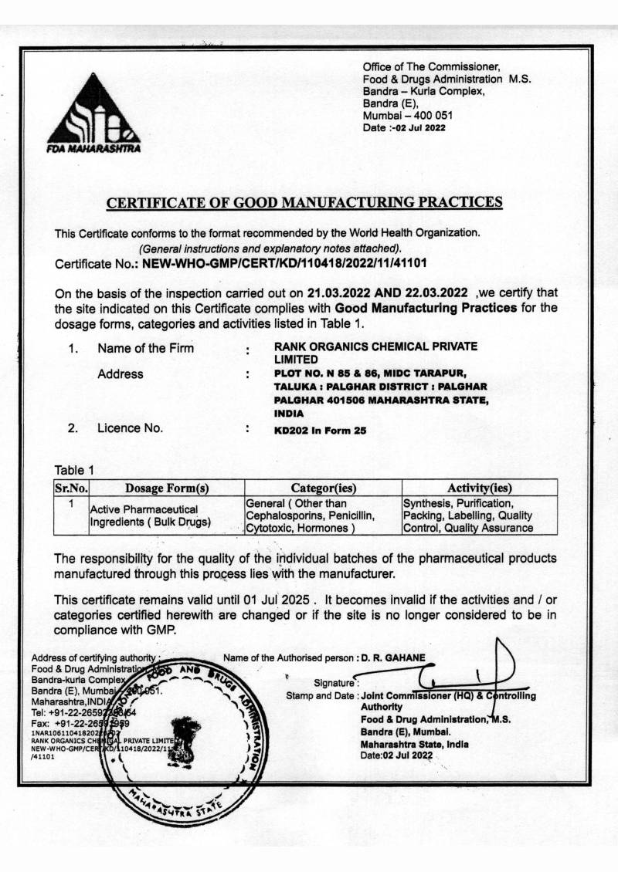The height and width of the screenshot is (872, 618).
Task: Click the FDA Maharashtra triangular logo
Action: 93,113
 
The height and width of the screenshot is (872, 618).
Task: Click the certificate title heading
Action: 304,203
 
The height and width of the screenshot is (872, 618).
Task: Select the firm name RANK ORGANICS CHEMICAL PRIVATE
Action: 375,346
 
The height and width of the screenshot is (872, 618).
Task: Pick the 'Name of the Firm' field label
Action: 146,348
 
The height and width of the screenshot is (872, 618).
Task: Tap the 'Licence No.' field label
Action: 130,428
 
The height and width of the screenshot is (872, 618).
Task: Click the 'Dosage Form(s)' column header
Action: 167,488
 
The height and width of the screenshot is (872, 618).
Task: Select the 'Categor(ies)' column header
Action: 323,488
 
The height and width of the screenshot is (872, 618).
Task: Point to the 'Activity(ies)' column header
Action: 480,488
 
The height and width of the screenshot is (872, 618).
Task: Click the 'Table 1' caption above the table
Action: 74,470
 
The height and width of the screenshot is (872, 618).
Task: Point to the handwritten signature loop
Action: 494,664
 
